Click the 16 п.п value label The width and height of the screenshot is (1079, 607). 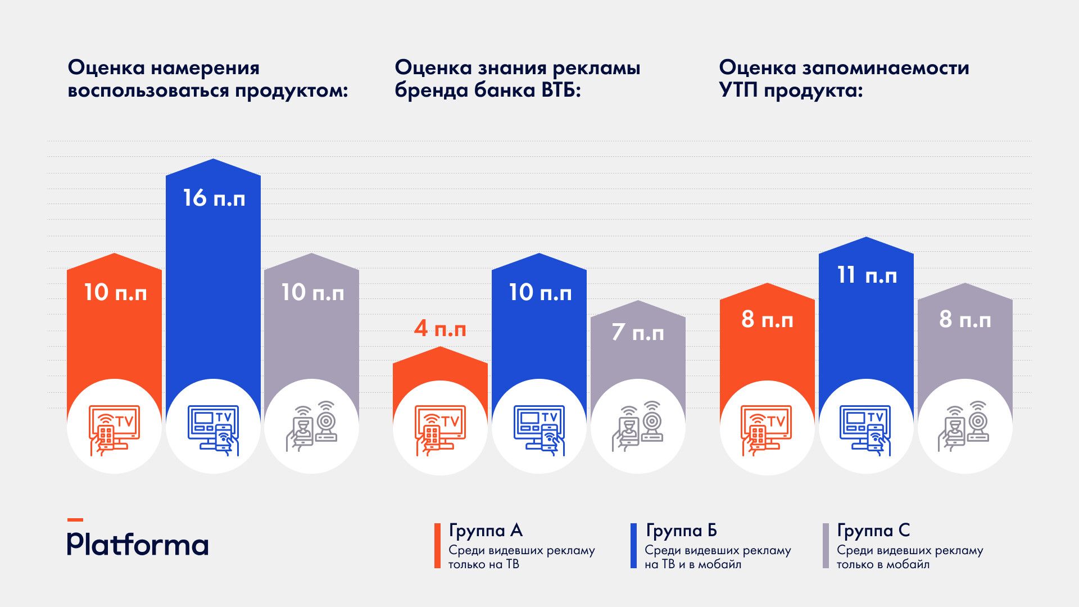[x=214, y=198]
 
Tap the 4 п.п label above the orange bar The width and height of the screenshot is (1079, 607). [x=440, y=329]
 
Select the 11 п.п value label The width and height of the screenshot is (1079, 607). [x=867, y=275]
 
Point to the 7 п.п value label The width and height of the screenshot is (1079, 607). [x=638, y=333]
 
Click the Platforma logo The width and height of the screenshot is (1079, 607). [x=138, y=543]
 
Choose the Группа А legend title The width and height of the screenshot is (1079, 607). [x=486, y=531]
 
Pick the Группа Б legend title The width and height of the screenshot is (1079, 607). [x=681, y=531]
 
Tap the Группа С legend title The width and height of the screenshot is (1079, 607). [x=873, y=531]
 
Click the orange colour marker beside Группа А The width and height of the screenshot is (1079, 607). [x=437, y=546]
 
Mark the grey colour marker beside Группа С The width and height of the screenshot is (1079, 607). [x=826, y=546]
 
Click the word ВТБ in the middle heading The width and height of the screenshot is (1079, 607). [x=557, y=90]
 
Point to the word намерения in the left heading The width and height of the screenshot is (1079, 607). [x=205, y=68]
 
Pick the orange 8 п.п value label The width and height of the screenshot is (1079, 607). [x=767, y=320]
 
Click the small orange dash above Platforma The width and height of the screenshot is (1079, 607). [x=75, y=520]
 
